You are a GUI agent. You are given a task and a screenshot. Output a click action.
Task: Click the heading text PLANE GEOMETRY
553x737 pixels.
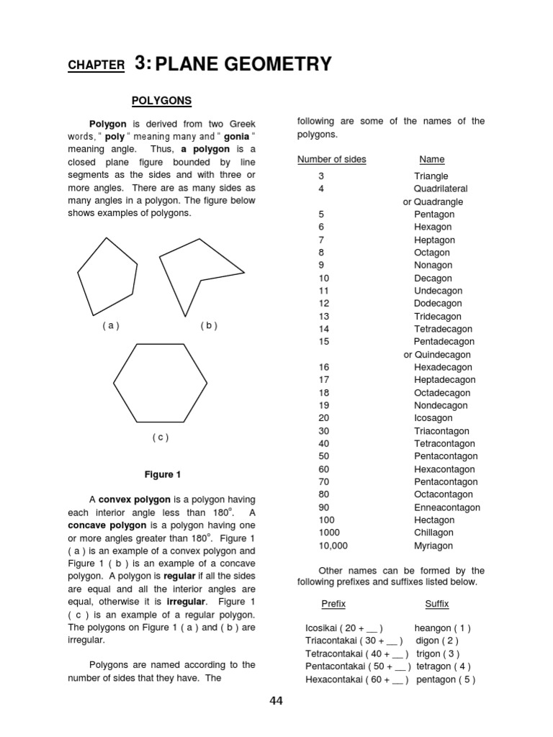(243, 65)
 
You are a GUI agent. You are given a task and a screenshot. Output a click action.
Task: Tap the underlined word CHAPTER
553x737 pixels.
(96, 65)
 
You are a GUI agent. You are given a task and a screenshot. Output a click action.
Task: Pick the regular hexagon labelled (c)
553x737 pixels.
(160, 383)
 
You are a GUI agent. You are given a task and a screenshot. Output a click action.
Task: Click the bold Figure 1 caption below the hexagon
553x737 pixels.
(163, 474)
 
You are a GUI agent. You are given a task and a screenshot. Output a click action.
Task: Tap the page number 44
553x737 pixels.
(276, 701)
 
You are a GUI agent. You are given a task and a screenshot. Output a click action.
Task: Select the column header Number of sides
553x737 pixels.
(331, 159)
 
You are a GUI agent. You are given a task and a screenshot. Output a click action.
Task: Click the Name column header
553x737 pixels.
(432, 159)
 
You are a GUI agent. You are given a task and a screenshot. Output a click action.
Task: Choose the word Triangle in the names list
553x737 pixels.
(431, 176)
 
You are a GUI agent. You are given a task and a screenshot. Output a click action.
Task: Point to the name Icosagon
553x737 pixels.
(433, 418)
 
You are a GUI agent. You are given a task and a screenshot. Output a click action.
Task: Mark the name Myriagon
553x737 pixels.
(433, 546)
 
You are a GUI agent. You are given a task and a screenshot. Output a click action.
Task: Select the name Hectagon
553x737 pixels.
(434, 520)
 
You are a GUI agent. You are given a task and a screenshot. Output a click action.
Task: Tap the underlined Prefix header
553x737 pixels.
(333, 604)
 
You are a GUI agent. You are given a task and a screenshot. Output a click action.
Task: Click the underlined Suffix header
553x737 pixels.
(436, 604)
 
